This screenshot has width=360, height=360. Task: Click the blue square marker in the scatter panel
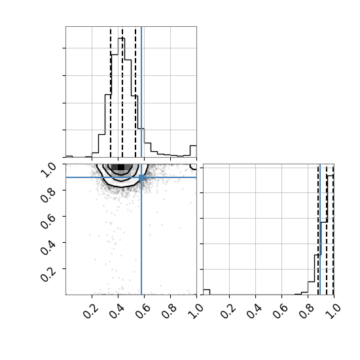pyautogui.click(x=141, y=177)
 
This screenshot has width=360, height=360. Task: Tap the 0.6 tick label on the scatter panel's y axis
pyautogui.click(x=48, y=221)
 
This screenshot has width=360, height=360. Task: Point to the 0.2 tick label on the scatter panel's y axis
pyautogui.click(x=48, y=273)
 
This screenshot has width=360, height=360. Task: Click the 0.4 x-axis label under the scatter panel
pyautogui.click(x=117, y=311)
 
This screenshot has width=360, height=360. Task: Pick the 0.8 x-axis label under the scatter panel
pyautogui.click(x=170, y=311)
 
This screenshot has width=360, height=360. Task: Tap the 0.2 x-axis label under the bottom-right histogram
pyautogui.click(x=228, y=311)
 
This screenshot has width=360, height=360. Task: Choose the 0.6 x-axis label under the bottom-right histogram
pyautogui.click(x=281, y=311)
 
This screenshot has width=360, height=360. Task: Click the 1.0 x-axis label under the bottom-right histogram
pyautogui.click(x=333, y=311)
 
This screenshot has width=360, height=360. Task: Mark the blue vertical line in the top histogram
pyautogui.click(x=141, y=92)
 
